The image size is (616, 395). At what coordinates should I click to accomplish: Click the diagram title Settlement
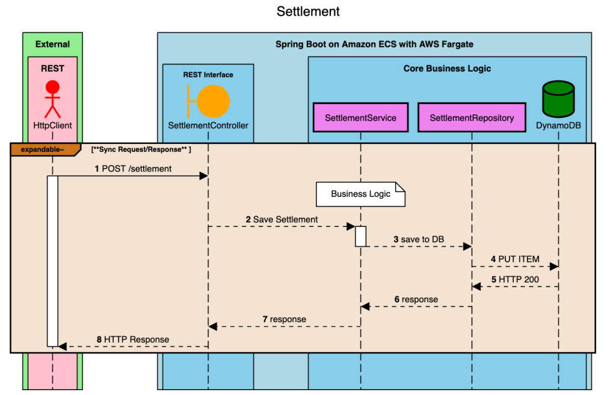pos(308,11)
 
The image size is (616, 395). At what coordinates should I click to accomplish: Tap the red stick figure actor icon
pos(53,99)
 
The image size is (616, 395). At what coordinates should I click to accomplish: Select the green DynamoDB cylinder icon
pos(558,99)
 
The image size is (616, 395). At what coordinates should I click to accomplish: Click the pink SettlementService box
pos(360,117)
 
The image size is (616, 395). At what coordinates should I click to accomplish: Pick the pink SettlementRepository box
pos(472,117)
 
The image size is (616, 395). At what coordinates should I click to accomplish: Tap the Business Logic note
pos(360,194)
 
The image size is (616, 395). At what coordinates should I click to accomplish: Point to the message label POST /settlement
pos(137,169)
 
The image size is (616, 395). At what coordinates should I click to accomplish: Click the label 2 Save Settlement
pos(282,220)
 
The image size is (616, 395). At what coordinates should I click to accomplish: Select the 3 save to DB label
pos(419,240)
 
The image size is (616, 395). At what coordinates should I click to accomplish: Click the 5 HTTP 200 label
pos(515,279)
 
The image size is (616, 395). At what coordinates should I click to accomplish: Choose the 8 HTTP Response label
pos(133,340)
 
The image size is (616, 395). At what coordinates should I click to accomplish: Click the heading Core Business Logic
pos(447,69)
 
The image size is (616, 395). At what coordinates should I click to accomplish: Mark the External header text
pos(52,44)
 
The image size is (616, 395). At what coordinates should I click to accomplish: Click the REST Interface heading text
pos(208,75)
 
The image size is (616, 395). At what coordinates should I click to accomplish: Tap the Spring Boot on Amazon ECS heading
pos(374,44)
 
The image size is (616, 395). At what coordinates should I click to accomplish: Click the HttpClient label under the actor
pos(53,126)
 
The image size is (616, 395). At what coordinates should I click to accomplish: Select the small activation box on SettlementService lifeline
pos(360,236)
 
